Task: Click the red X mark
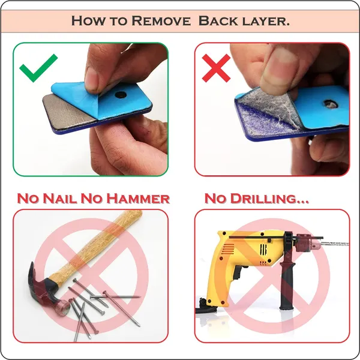coord(216,68)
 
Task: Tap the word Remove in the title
coord(161,21)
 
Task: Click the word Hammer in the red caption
coord(138,199)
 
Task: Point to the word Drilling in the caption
coord(264,199)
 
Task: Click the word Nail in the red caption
coord(59,199)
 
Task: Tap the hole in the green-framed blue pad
coord(121,95)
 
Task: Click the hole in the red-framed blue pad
coord(331,104)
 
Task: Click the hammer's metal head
coord(46,290)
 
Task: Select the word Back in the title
coord(218,21)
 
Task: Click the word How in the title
coord(88,21)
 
